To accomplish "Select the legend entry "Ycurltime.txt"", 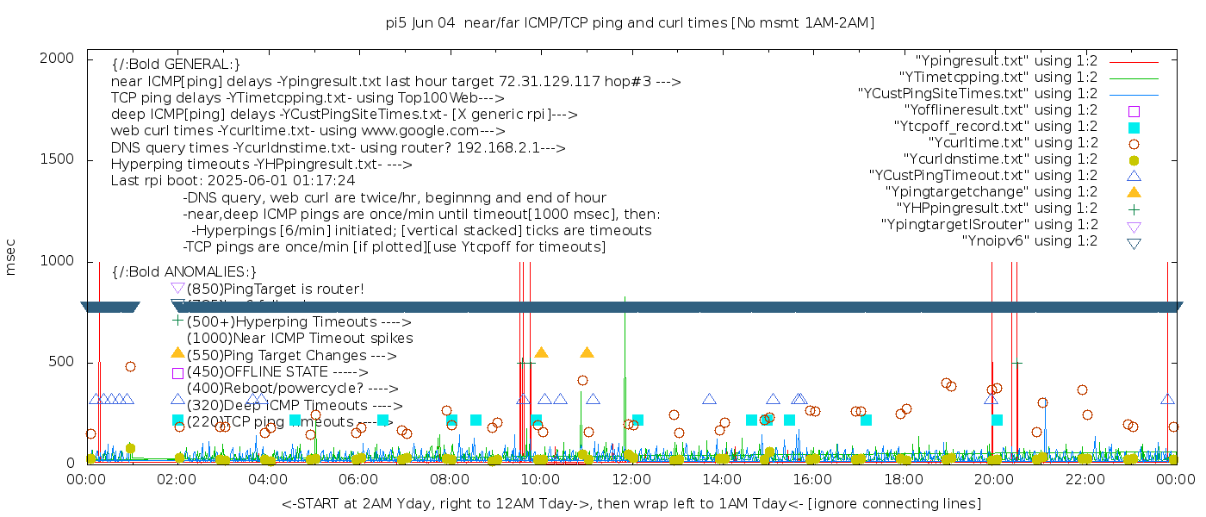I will [x=1013, y=143].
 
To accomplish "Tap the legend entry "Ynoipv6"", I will [x=1029, y=241].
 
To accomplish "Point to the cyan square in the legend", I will [x=1134, y=128].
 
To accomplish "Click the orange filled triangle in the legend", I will [x=1134, y=192].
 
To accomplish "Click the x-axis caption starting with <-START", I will [x=631, y=502].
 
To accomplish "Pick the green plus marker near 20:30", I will [x=1017, y=364].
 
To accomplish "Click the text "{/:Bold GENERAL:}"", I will [x=176, y=65].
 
